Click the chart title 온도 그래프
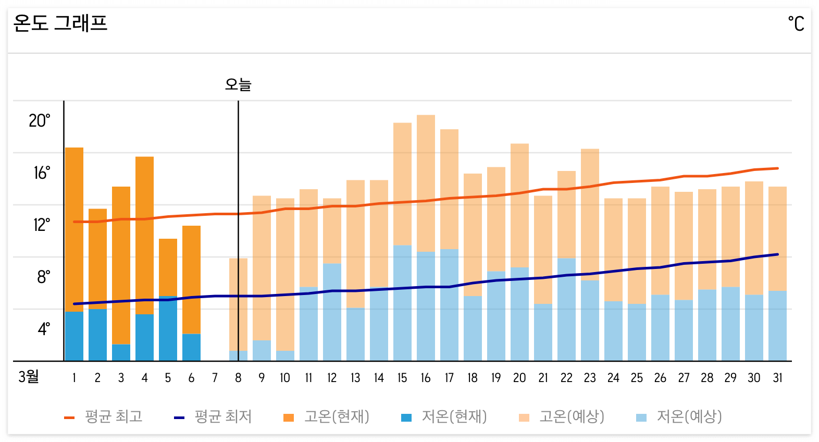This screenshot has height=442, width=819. [x=60, y=23]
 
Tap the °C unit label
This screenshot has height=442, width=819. [x=796, y=24]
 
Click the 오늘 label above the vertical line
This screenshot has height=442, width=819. [x=238, y=84]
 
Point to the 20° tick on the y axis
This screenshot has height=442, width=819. [x=40, y=121]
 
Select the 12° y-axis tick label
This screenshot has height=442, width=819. [x=42, y=225]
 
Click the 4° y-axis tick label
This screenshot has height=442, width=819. [x=44, y=329]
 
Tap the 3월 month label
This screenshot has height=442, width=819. [x=29, y=377]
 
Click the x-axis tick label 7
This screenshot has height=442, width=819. [x=215, y=378]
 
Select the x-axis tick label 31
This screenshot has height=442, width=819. [x=777, y=378]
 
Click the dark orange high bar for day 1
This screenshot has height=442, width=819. [x=74, y=229]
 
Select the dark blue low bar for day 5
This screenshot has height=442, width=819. [x=168, y=328]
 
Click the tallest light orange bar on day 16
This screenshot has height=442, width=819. [x=426, y=182]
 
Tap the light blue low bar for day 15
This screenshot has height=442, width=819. [x=402, y=302]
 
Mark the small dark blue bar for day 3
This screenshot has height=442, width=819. [x=121, y=352]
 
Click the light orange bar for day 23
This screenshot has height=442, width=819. [x=590, y=214]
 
